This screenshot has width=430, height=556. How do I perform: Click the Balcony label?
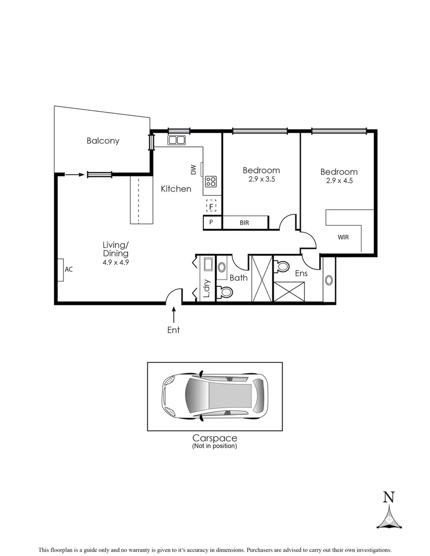coord(103,141)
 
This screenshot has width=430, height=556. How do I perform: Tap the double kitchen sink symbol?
coord(177,140)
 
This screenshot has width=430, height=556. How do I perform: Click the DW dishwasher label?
coord(194,169)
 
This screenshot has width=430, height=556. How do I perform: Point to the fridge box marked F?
coord(211,206)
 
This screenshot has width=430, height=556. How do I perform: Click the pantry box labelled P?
coord(211,223)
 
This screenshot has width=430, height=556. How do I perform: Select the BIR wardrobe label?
coord(244,223)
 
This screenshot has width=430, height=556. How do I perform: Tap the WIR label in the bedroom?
coord(343,237)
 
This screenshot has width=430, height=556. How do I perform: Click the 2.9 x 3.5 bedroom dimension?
coord(261,180)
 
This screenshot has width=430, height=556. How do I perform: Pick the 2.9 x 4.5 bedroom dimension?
coord(339,181)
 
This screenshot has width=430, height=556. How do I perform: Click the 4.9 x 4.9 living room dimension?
coord(116,262)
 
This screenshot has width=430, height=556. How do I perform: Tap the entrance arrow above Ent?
coord(174,314)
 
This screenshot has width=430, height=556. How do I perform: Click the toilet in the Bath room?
coord(225,292)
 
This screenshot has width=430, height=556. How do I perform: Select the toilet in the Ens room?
coord(283,266)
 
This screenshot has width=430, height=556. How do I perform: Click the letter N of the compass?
coord(389,497)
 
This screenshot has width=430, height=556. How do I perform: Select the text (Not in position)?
coord(214,446)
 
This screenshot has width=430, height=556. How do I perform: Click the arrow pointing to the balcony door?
coord(74,175)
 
